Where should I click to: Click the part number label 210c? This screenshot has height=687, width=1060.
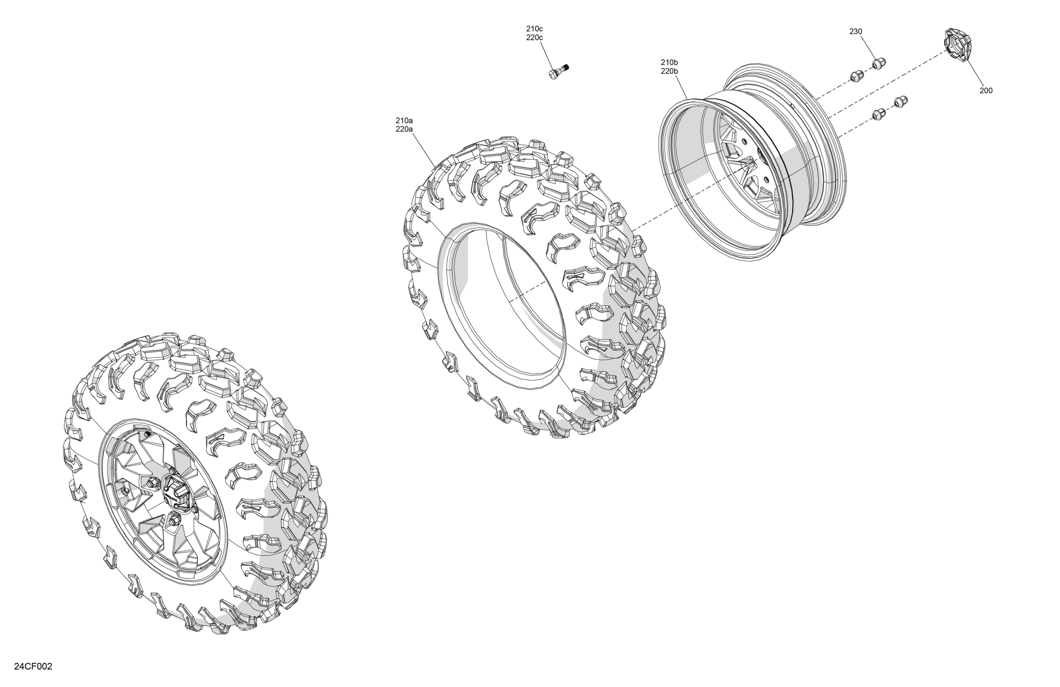(x=535, y=29)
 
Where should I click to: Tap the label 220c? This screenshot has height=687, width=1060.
(x=535, y=38)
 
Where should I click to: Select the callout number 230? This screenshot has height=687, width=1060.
(x=855, y=31)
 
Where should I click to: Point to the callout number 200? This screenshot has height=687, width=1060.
(x=986, y=90)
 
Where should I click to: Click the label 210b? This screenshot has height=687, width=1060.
(x=670, y=62)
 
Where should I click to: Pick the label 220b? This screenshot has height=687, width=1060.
(x=670, y=71)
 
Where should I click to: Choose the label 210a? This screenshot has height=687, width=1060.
(x=404, y=120)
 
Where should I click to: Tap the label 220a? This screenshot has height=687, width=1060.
(x=404, y=130)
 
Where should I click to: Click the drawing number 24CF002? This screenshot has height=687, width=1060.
(x=33, y=667)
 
